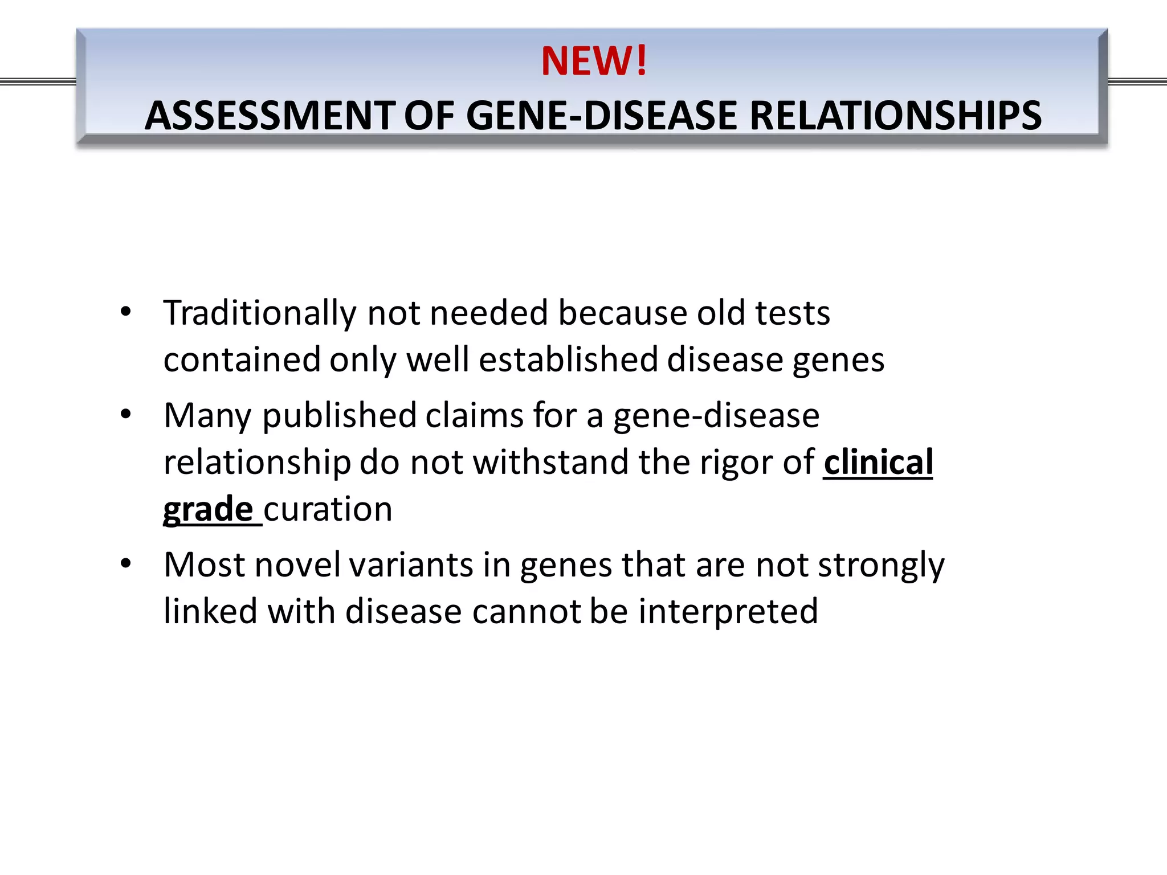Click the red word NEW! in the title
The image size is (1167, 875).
[594, 61]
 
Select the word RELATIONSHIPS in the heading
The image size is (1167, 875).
[895, 116]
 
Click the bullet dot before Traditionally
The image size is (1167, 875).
[126, 312]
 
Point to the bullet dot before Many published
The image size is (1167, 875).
[126, 414]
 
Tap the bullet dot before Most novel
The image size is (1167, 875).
[126, 564]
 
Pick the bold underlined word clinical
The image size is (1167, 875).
[878, 462]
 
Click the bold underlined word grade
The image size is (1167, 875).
[208, 509]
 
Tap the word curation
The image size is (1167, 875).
[328, 509]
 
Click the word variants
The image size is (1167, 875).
[411, 565]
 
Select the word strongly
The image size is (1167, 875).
[881, 566]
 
